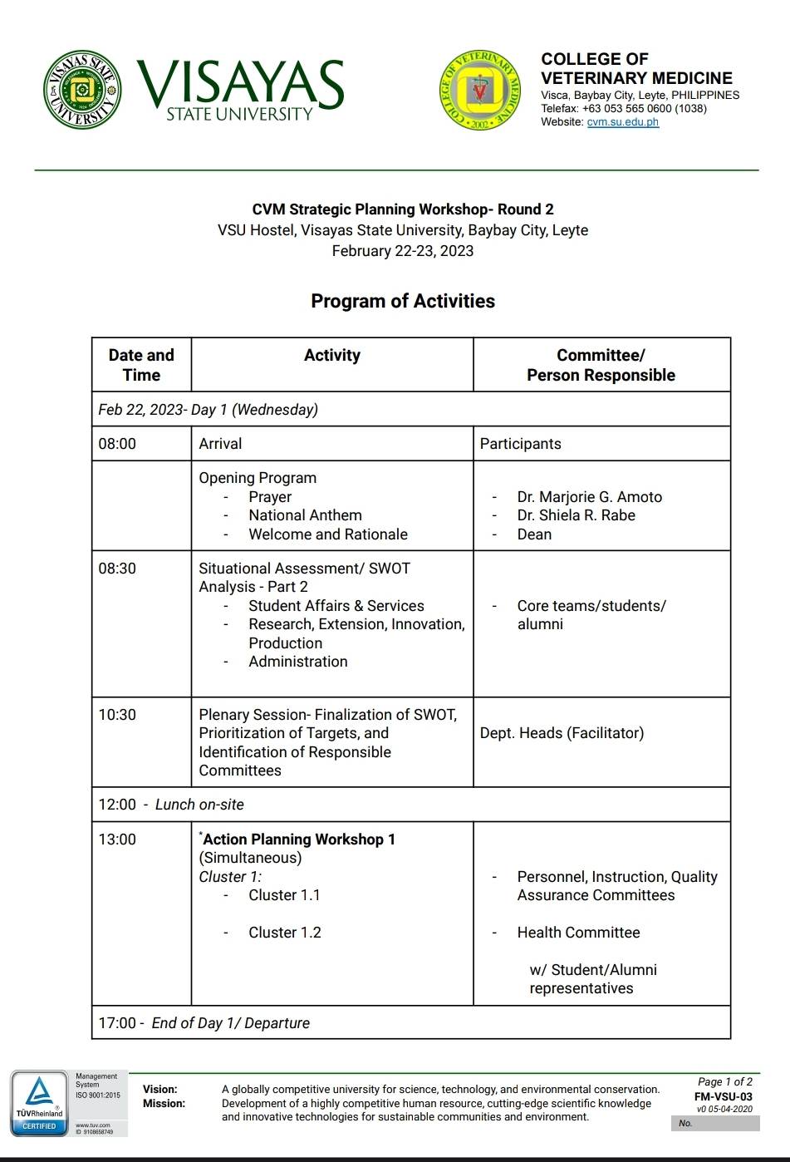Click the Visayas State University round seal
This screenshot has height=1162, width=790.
point(81,90)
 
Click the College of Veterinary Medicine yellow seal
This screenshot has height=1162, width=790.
point(480,89)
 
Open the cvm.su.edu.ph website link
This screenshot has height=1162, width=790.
point(622,122)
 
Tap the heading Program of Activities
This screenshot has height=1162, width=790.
point(403,301)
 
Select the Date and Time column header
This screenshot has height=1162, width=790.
point(141,365)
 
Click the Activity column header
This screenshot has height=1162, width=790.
point(332,356)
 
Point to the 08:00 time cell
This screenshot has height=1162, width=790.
point(117,444)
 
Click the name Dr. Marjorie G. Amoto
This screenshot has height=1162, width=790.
point(589,497)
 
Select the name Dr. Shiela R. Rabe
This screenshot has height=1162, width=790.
point(576,515)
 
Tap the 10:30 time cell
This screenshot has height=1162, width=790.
point(117,715)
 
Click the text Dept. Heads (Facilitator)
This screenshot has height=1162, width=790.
point(562,733)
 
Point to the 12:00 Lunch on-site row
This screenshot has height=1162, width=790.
point(171,805)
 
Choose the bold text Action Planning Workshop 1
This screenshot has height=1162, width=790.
point(298,839)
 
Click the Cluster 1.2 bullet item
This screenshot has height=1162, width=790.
point(284,933)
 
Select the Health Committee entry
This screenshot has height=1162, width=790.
point(578,933)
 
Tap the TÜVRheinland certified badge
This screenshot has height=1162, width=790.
point(39,1104)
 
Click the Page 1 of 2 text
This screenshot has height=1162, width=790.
point(724,1082)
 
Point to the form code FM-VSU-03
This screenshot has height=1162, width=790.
point(723,1096)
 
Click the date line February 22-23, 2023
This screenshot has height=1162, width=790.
point(403,251)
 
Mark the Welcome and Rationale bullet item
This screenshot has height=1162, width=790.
point(328,534)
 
